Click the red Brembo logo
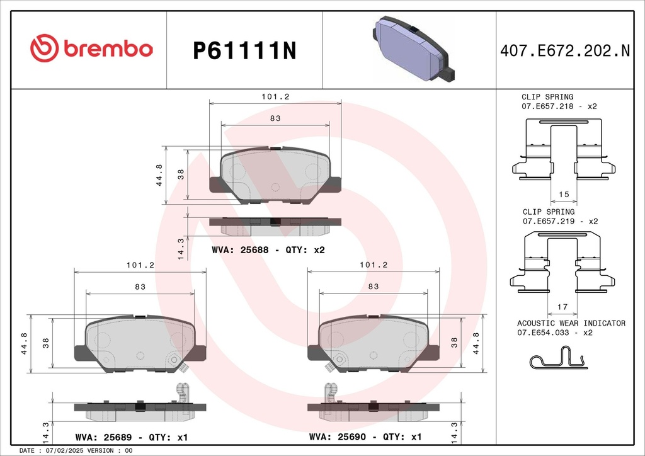pos(91,48)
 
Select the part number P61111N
pos(245,50)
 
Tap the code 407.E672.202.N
pos(565,50)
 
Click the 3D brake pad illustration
pos(414,48)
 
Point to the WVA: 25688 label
pos(240,250)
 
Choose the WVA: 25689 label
pos(104,437)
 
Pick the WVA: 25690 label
pos(338,436)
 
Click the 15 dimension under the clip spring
pos(564,194)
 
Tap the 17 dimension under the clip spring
pos(562,307)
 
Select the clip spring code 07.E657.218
pos(547,106)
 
